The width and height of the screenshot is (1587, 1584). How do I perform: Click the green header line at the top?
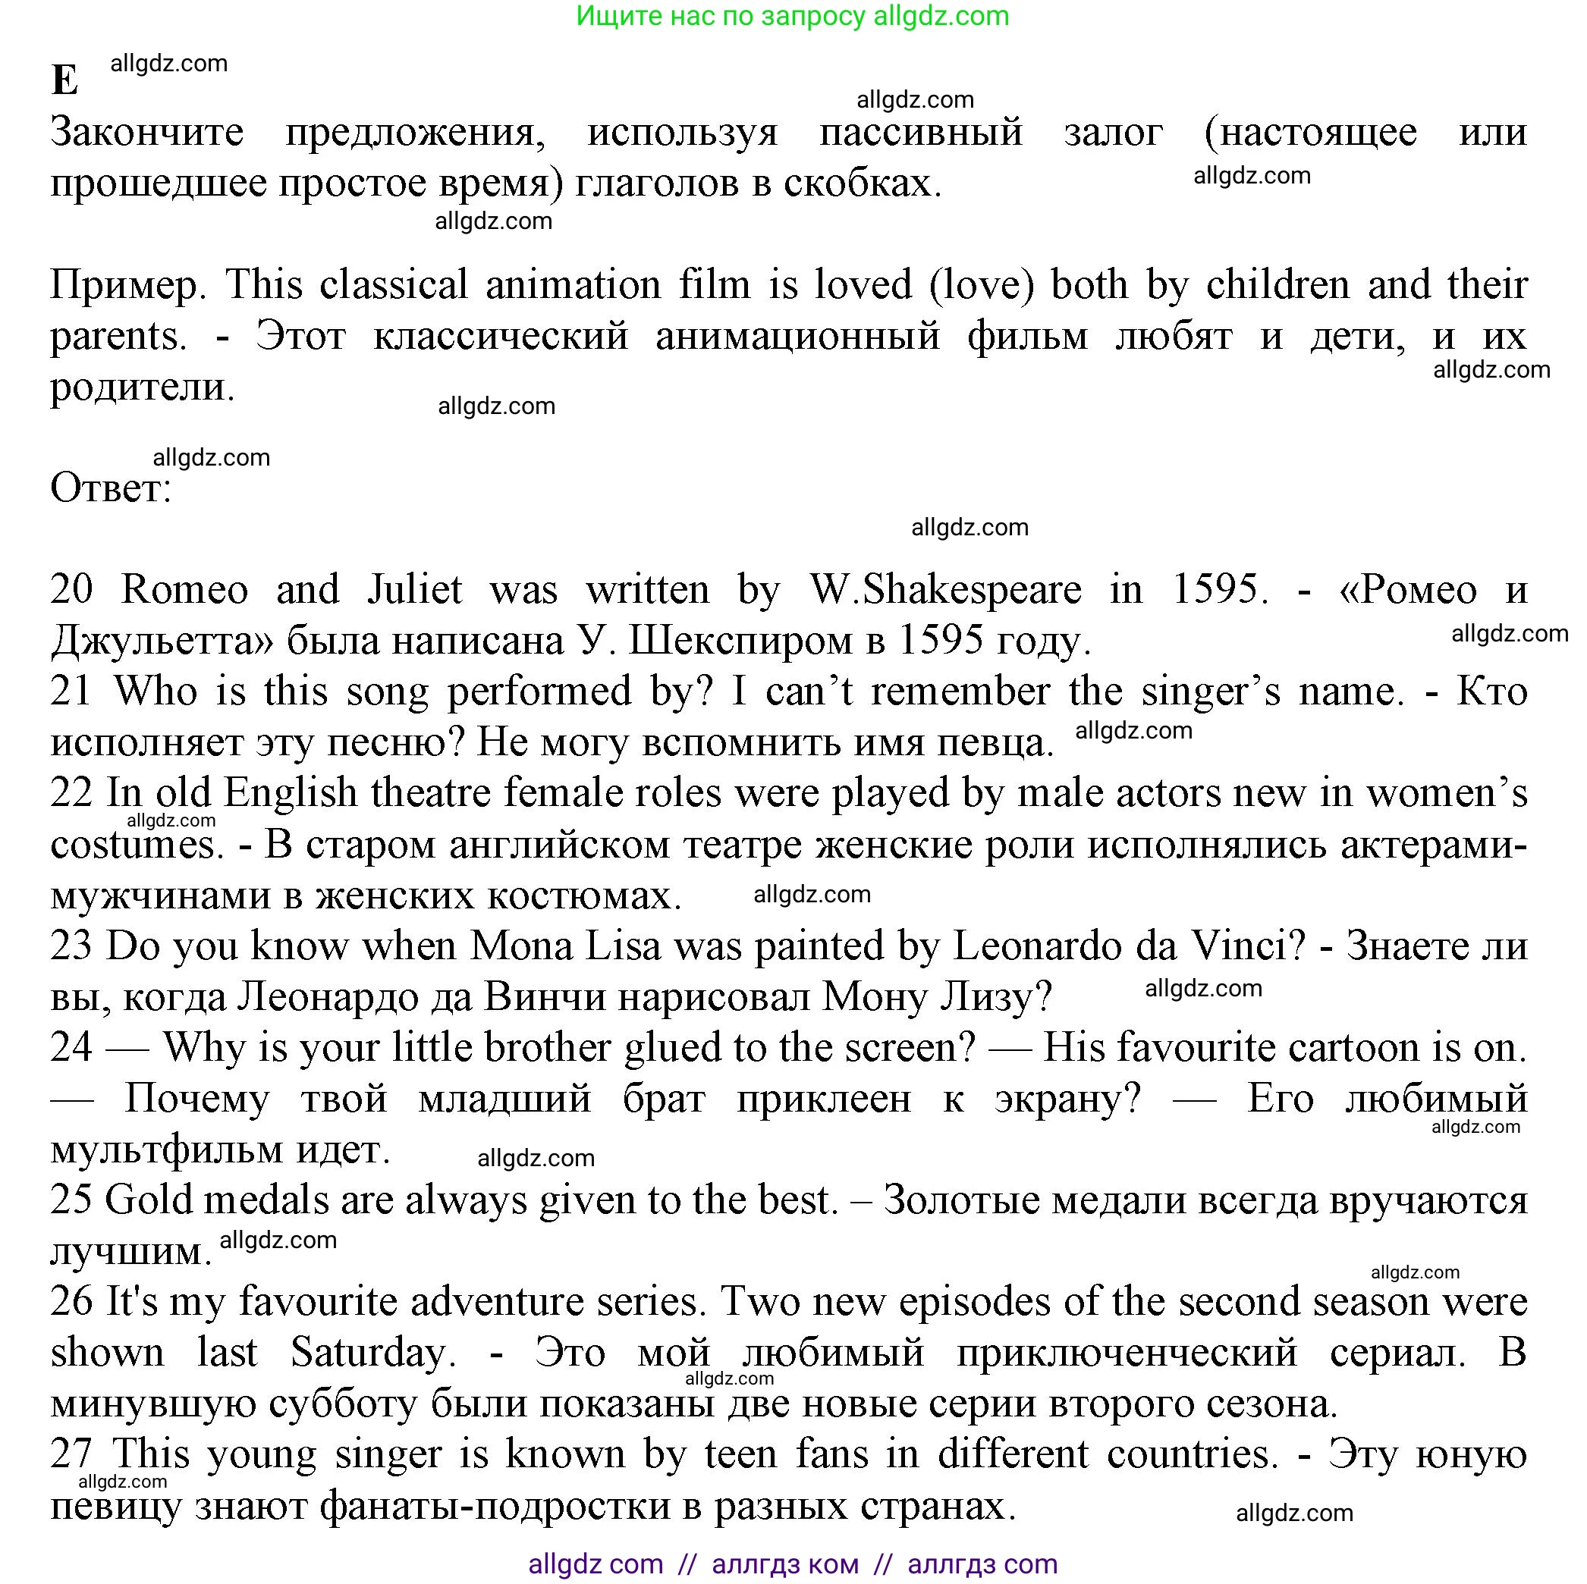pyautogui.click(x=792, y=17)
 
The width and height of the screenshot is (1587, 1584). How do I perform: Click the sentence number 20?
pyautogui.click(x=71, y=590)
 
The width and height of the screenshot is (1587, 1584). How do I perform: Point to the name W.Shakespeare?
pyautogui.click(x=945, y=590)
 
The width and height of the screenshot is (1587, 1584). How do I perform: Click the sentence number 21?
pyautogui.click(x=71, y=692)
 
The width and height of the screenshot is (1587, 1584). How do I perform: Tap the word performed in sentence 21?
pyautogui.click(x=539, y=692)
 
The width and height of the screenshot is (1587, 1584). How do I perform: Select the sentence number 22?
pyautogui.click(x=71, y=793)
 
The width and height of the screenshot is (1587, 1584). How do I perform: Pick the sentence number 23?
pyautogui.click(x=71, y=946)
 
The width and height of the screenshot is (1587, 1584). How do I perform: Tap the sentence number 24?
pyautogui.click(x=71, y=1048)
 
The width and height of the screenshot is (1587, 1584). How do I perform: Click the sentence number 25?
pyautogui.click(x=71, y=1200)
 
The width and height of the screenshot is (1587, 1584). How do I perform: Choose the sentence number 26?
pyautogui.click(x=71, y=1303)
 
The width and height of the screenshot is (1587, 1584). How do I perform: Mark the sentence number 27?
pyautogui.click(x=71, y=1455)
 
